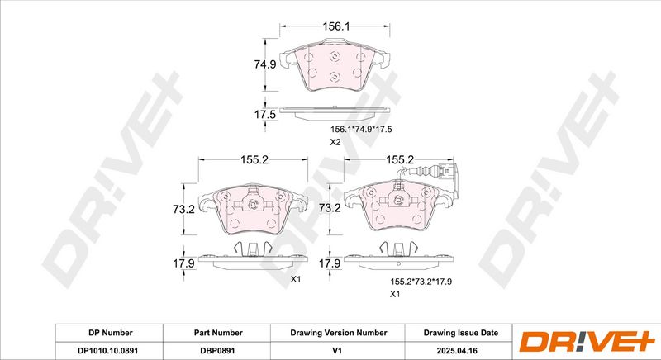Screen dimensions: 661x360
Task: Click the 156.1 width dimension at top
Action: pos(336,26)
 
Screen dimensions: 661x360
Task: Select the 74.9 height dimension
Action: pos(264,64)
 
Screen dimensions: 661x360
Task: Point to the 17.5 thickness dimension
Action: pos(264,114)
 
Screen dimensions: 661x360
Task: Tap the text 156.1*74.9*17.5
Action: pos(361,130)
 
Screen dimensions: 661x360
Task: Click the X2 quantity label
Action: pos(335,142)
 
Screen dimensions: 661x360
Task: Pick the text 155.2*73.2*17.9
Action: pos(421,282)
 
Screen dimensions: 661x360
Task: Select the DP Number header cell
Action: pos(111,333)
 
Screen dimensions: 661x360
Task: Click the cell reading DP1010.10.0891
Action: pos(108,351)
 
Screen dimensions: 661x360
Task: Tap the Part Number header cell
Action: pos(218,333)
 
